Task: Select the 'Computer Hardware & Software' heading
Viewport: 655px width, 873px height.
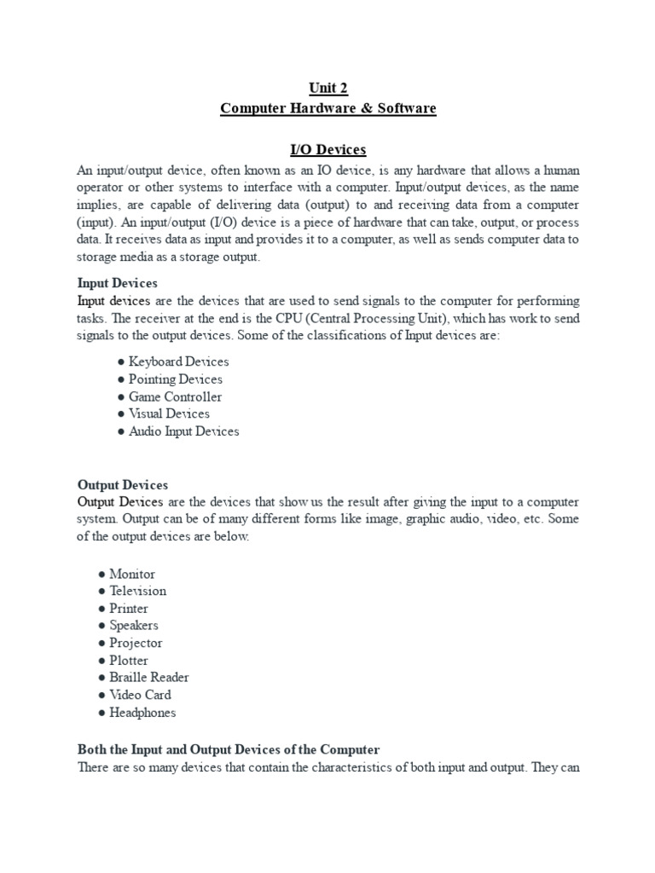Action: pos(328,108)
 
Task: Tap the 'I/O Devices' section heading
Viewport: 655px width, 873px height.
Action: pos(328,150)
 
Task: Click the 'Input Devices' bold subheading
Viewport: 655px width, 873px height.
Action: pos(118,283)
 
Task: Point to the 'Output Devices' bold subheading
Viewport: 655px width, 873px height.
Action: pos(123,484)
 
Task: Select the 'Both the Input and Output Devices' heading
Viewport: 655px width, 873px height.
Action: pos(229,749)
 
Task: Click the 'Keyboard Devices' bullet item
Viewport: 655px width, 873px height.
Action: pos(178,361)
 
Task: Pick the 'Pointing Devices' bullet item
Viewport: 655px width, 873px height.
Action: pos(175,379)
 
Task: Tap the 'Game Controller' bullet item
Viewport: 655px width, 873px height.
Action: pos(175,396)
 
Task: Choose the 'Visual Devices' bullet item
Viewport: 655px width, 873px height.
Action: pos(169,413)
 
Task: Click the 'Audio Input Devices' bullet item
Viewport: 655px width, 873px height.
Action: pos(183,431)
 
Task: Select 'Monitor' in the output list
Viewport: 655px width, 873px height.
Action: pos(132,574)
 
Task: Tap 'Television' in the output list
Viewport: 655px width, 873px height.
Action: pos(137,591)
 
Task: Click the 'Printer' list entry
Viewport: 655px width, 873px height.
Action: pos(129,609)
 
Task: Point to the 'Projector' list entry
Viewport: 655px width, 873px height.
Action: pos(136,643)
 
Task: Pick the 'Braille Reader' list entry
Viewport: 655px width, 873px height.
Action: pos(149,677)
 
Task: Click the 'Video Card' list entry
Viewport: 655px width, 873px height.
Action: pos(140,695)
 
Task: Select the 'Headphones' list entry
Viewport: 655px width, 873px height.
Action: pos(142,712)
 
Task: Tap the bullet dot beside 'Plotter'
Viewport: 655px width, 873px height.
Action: pos(102,661)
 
